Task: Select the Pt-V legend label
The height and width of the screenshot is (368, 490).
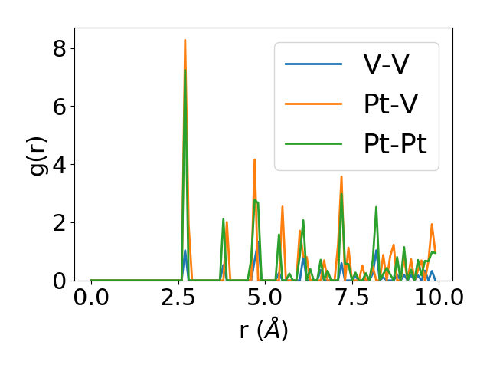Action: [391, 106]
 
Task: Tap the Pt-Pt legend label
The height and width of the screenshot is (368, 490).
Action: [400, 148]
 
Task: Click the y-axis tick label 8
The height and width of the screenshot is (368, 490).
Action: [60, 48]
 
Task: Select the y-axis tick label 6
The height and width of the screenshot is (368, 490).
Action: [60, 107]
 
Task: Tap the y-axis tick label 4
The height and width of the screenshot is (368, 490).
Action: [60, 164]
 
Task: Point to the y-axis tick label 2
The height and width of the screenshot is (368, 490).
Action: [60, 222]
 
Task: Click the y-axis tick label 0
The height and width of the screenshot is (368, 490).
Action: [60, 281]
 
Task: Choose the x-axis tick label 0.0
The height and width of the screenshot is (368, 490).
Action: [91, 298]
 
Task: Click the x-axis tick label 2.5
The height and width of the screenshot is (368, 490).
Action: [178, 298]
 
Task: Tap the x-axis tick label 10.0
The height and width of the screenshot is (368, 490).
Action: [433, 298]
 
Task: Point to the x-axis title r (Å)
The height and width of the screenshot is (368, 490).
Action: [263, 330]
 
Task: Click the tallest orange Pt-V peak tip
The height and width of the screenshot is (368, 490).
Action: [185, 40]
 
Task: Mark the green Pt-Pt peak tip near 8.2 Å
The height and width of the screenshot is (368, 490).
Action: [376, 207]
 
